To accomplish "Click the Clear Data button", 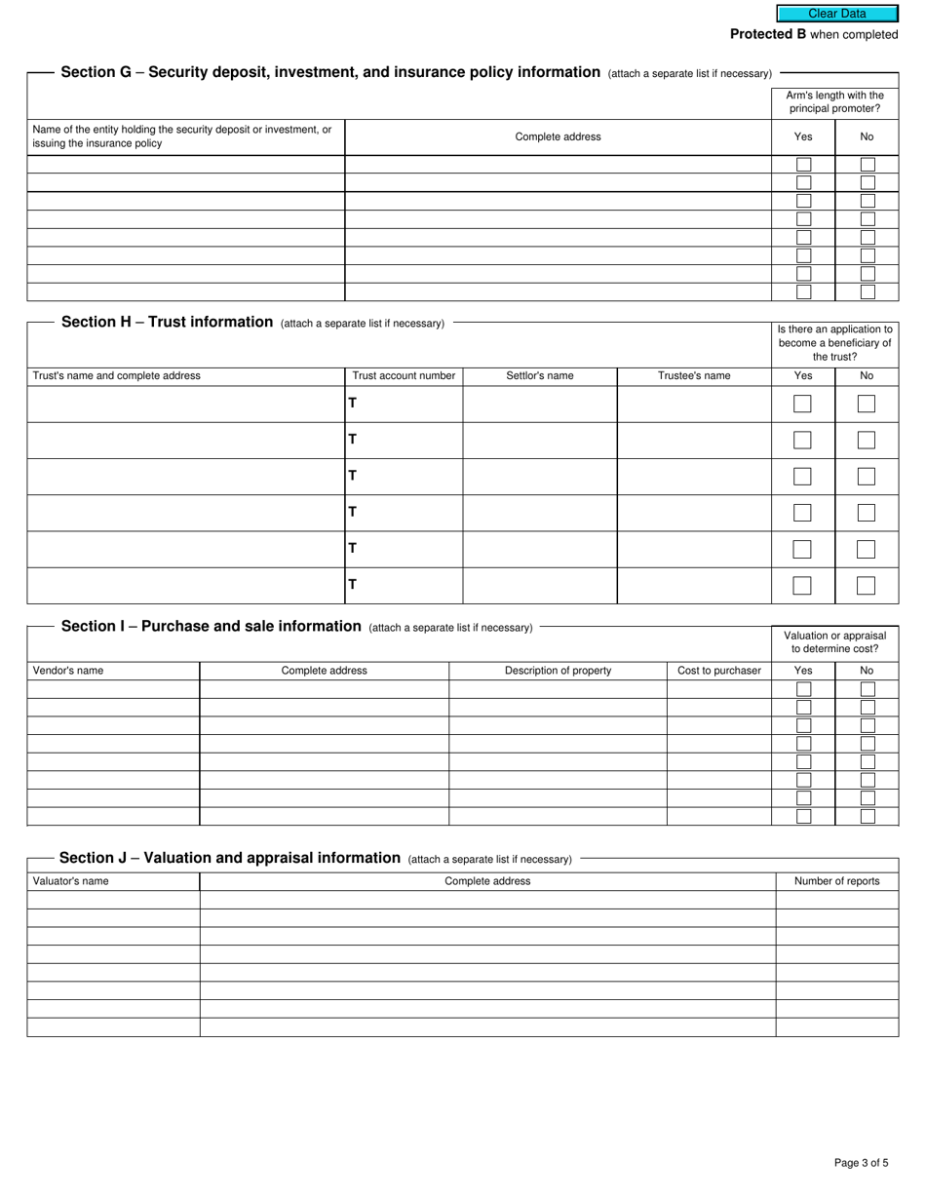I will [x=836, y=14].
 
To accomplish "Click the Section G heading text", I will [x=330, y=72].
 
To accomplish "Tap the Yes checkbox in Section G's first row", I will [x=803, y=165].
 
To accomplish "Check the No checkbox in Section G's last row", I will [x=867, y=291].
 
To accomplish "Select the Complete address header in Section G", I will [x=558, y=137].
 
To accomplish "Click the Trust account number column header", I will [x=404, y=375].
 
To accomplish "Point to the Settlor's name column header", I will [x=539, y=375].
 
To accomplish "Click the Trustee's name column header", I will [x=694, y=375].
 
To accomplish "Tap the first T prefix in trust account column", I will [x=353, y=403].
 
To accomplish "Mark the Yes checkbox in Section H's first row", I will [x=802, y=404].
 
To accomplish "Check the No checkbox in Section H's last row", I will [x=866, y=586].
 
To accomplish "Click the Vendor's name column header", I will [x=68, y=671].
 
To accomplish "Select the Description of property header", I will [x=558, y=671].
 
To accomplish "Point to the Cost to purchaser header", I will [x=719, y=671].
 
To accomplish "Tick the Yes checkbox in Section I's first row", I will [x=803, y=689].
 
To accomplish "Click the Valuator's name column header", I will [x=71, y=881].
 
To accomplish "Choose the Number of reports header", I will [x=836, y=881].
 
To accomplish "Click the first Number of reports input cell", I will [x=836, y=900].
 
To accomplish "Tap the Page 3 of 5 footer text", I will [x=861, y=1162].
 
